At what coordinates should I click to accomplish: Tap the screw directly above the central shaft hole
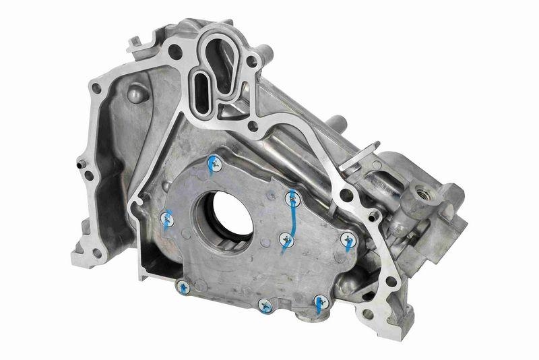pyautogui.click(x=213, y=161)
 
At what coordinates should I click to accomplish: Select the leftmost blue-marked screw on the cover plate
pyautogui.click(x=166, y=216)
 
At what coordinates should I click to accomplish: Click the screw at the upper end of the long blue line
pyautogui.click(x=292, y=197)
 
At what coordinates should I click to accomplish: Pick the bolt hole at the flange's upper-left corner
pyautogui.click(x=96, y=87)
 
